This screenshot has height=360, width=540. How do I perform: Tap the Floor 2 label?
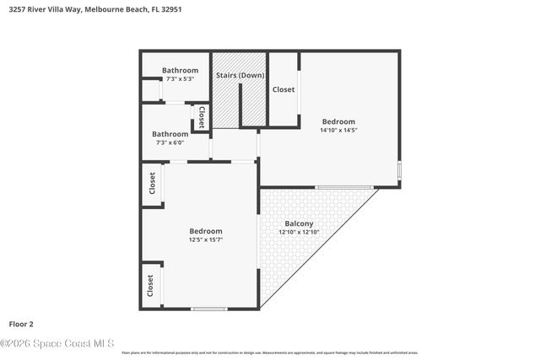coord(21,323)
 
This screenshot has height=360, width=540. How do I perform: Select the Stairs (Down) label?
coord(240,75)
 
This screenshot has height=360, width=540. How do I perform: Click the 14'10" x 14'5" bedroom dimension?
coord(337,131)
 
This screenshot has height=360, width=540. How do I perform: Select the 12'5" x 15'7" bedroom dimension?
coord(206,240)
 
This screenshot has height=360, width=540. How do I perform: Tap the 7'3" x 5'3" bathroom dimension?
coord(180,79)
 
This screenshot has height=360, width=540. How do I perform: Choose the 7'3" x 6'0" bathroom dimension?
coord(170,142)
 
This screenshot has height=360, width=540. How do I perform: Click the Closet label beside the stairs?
coord(283,89)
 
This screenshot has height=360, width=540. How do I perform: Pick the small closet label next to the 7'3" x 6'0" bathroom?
coord(201,117)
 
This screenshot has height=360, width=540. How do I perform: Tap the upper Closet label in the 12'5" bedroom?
coord(152,183)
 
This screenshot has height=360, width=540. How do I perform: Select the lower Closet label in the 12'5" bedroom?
coord(150,286)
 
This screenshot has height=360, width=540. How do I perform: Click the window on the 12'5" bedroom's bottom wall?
coord(208,309)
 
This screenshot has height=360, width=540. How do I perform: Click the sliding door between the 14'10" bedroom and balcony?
coord(344,186)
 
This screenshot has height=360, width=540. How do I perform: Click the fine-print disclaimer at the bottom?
coord(269,352)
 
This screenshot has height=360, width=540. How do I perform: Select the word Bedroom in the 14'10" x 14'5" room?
coord(337,121)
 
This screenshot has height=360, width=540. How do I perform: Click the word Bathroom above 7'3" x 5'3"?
coord(180,70)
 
